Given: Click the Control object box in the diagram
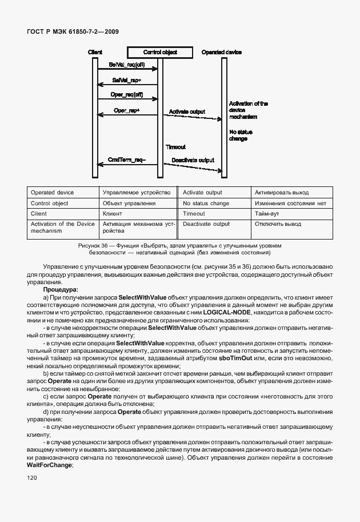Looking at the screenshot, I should (160, 52).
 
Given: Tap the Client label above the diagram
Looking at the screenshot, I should (95, 52).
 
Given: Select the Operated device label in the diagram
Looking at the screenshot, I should (222, 52).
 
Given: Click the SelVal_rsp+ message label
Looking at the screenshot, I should (127, 80).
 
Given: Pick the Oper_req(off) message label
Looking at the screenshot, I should (127, 95).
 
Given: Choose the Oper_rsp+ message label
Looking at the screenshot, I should (127, 110).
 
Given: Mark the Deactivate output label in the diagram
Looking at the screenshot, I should (193, 160).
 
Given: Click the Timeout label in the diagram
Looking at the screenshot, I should (175, 147).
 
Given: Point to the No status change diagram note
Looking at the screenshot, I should (240, 136).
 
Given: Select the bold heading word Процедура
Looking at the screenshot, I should (61, 289).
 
